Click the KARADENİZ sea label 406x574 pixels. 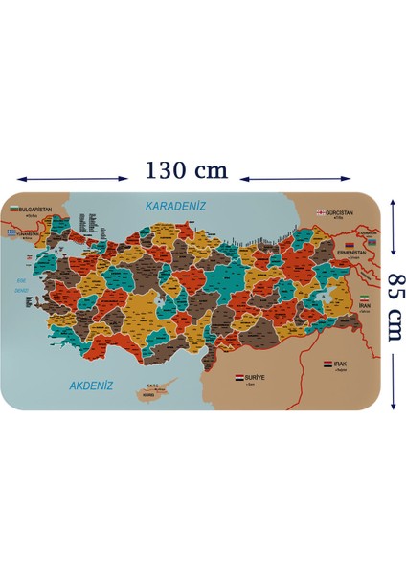coord(175,205)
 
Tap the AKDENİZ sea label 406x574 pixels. coord(91,386)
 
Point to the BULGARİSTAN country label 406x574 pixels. coord(34,208)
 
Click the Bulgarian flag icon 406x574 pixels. coord(12,208)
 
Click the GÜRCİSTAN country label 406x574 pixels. coord(339,212)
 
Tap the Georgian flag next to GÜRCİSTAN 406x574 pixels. coord(320,212)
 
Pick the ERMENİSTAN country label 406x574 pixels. coord(350,255)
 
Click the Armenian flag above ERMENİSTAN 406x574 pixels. coord(350,246)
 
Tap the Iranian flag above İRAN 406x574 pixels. coord(364,298)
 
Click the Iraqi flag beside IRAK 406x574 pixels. coord(328,364)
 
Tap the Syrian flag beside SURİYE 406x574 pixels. coord(240,378)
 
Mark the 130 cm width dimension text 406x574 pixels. coord(187,170)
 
